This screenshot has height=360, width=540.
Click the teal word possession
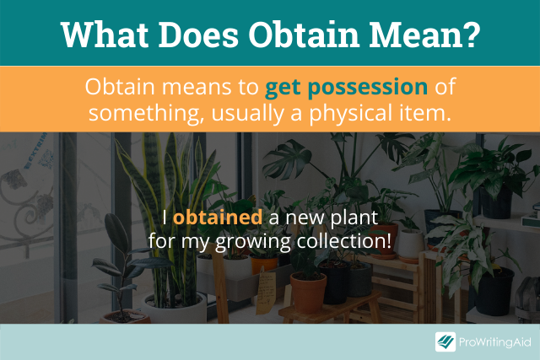click(368, 88)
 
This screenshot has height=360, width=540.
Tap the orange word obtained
click(218, 218)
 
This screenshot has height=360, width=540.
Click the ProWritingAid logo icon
click(445, 341)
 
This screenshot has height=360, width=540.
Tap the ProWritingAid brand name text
click(495, 342)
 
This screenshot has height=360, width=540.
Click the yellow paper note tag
click(266, 289)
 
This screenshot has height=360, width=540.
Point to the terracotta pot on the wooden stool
click(308, 293)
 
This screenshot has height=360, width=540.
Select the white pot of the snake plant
click(174, 308)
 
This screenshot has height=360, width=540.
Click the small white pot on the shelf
click(411, 244)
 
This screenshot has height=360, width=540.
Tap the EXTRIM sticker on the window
click(35, 150)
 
